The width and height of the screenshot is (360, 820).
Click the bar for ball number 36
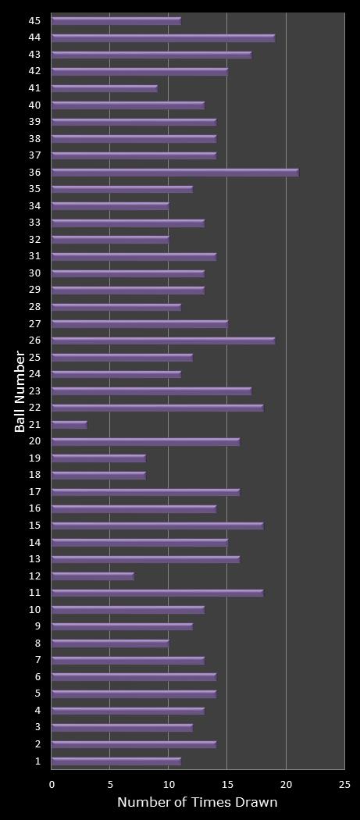(175, 173)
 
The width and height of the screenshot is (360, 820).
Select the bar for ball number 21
(70, 425)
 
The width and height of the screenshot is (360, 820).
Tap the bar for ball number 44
(163, 37)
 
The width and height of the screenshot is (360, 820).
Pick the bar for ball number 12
(93, 576)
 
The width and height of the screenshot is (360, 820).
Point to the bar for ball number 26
(163, 340)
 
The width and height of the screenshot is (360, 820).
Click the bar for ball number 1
(116, 761)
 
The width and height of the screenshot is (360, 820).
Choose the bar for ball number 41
(105, 88)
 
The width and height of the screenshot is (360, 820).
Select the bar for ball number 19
(99, 458)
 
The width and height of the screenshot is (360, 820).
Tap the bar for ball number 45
(116, 21)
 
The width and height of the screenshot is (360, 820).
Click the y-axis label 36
(35, 173)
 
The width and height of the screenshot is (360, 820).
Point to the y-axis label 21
(35, 425)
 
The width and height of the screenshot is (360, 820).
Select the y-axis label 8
(38, 644)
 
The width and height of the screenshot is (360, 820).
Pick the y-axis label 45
(35, 21)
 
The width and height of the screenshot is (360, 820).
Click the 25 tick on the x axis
(344, 784)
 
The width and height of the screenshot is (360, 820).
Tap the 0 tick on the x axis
(52, 784)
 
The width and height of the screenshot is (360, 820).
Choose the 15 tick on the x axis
(227, 784)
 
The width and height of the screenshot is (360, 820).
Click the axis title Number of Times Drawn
(197, 803)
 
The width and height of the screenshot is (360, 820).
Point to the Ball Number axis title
(20, 391)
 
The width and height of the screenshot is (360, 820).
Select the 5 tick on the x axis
(110, 784)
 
